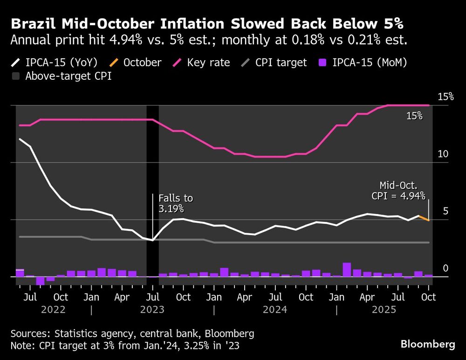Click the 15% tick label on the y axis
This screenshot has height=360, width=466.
[x=445, y=97]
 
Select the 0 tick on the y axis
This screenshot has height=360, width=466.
[x=445, y=268]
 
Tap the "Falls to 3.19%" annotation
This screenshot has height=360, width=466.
[x=175, y=203]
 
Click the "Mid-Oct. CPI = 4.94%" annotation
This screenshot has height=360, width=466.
[x=399, y=191]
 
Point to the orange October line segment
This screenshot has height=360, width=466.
[x=424, y=218]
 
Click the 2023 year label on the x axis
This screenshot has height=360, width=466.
[x=152, y=310]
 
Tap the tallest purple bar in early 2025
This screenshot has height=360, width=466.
[x=347, y=270]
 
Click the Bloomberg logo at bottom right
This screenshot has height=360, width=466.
[x=428, y=344]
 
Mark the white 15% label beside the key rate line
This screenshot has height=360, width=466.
[x=414, y=116]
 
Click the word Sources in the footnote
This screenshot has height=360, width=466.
[x=29, y=333]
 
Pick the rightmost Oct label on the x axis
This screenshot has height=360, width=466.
[x=429, y=297]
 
